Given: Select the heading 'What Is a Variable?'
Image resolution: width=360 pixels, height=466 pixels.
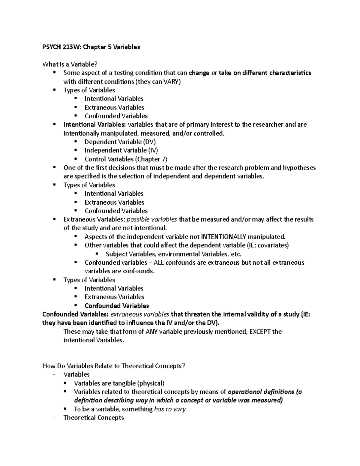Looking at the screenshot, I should pyautogui.click(x=70, y=64).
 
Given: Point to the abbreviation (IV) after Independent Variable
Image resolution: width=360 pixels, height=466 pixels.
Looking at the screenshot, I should pyautogui.click(x=153, y=150).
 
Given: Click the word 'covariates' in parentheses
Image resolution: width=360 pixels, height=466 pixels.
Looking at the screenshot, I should pyautogui.click(x=272, y=245).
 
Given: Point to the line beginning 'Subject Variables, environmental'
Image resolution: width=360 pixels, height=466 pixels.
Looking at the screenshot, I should pyautogui.click(x=173, y=254).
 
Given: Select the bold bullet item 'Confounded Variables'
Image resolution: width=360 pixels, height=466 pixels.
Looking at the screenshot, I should pyautogui.click(x=117, y=306).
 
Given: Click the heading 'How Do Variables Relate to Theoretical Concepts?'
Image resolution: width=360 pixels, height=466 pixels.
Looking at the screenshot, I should pyautogui.click(x=114, y=366).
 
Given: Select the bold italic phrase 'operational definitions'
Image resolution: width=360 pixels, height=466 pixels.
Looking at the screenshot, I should pyautogui.click(x=261, y=392).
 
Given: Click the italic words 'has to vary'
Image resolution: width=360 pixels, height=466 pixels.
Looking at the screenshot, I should pyautogui.click(x=170, y=409).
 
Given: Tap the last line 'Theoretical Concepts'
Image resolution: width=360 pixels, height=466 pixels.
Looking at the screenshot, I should pyautogui.click(x=94, y=418).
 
